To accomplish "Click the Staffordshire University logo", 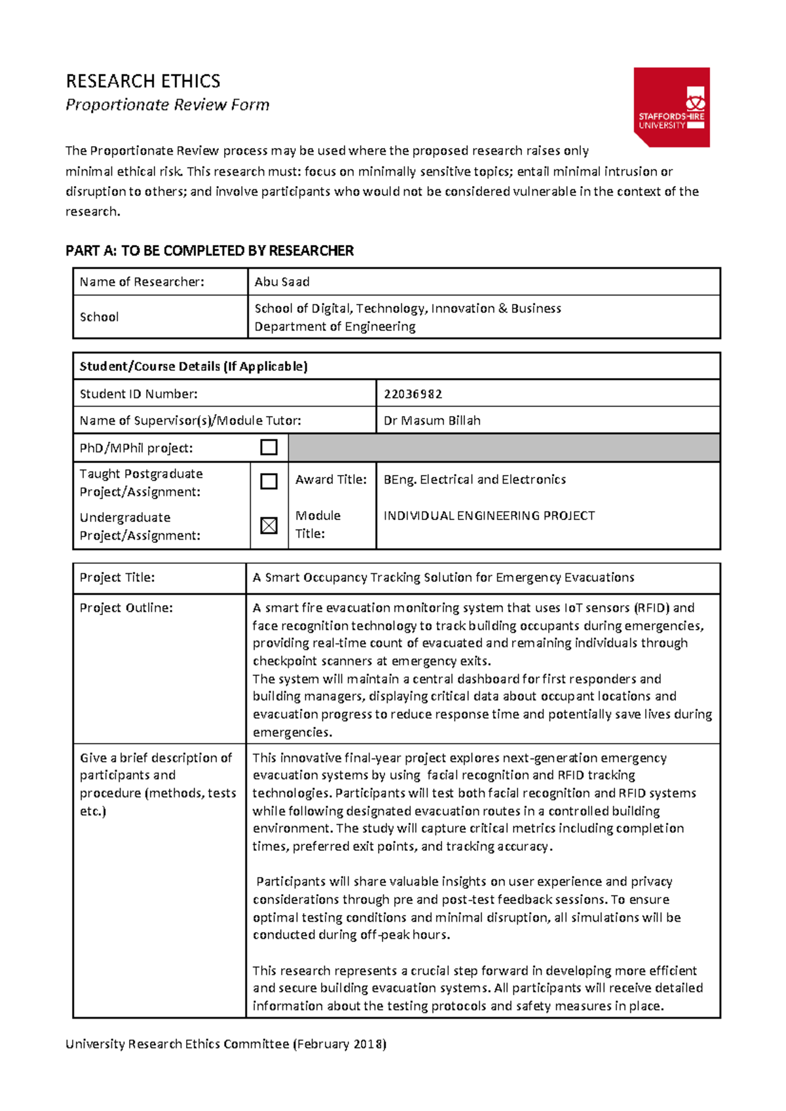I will coord(671,107).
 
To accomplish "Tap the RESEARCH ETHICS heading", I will coord(143,81).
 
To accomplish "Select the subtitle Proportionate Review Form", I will coord(167,105).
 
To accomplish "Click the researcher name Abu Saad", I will coord(282,282).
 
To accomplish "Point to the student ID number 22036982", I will coord(413,394).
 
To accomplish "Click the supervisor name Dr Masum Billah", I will coord(432,421).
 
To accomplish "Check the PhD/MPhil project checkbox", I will coord(269,447).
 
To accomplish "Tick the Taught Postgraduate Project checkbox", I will coord(269,481).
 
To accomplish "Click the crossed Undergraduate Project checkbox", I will coord(269,525).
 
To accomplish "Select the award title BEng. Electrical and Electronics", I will coord(474,480).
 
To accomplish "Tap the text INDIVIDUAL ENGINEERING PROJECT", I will coord(489,516).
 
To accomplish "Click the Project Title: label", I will coord(117,577).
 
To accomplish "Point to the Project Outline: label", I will coord(126,608).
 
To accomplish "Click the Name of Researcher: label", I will coord(141,282).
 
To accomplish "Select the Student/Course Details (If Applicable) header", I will coord(193,366).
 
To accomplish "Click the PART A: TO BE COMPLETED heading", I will coord(209,251).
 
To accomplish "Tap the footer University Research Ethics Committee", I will coord(225,1044).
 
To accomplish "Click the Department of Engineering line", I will coord(335,326).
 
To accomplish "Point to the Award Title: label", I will coord(331,480).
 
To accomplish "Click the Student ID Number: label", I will coord(138,394).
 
